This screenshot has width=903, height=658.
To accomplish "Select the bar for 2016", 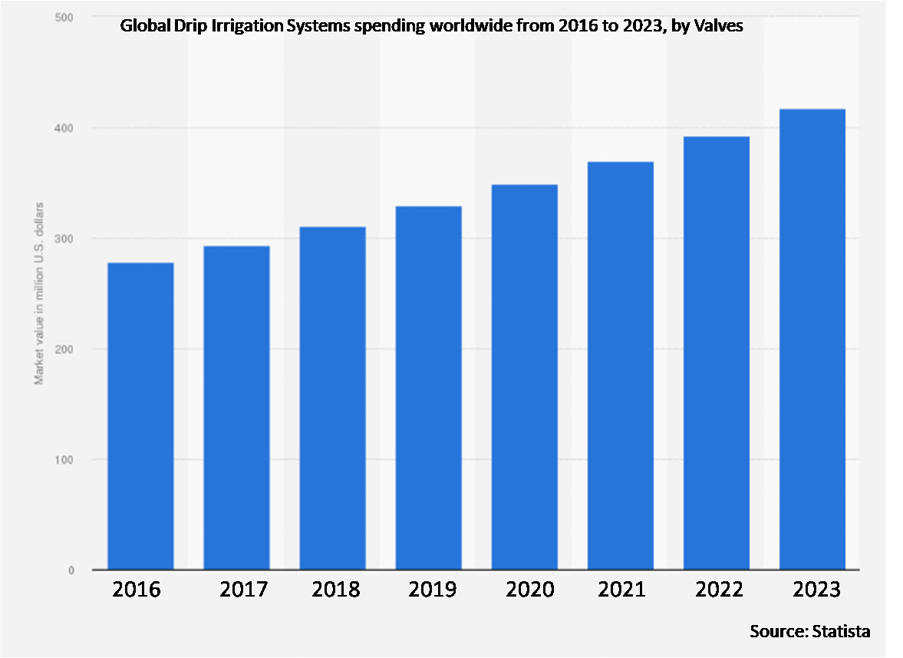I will click(140, 416).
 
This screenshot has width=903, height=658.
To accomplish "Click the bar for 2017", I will click(236, 408).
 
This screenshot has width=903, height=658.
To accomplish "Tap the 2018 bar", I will click(332, 398).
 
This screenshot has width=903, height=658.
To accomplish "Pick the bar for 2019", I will click(428, 388).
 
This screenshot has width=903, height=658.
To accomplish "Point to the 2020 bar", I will click(524, 377).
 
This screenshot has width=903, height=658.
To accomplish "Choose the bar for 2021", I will click(620, 365).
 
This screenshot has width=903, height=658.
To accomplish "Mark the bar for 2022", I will click(716, 353).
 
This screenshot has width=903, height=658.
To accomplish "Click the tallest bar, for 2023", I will click(812, 339).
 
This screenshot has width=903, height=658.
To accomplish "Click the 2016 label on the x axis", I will click(137, 590).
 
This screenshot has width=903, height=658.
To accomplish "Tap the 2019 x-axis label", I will click(432, 590).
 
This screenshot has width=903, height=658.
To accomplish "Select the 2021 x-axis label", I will click(623, 590).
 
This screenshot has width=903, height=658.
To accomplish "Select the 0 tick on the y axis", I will click(71, 570).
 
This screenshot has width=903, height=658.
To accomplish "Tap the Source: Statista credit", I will click(810, 632).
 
